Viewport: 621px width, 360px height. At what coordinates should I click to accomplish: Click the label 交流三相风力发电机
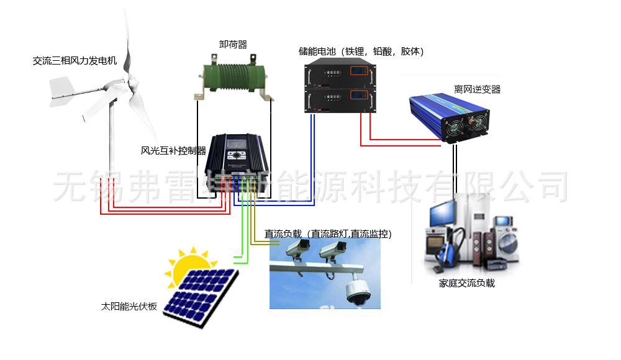pyautogui.click(x=75, y=61)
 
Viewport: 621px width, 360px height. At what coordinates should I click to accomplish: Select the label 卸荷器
pyautogui.click(x=233, y=45)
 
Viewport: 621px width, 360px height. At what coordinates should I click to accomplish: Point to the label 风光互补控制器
pyautogui.click(x=173, y=150)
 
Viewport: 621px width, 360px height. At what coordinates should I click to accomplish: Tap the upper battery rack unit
pyautogui.click(x=340, y=75)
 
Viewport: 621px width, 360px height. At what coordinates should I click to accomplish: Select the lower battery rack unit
pyautogui.click(x=340, y=100)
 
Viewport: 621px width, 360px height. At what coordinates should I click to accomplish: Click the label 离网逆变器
pyautogui.click(x=477, y=89)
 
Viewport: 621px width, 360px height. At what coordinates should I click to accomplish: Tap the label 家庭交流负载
pyautogui.click(x=467, y=284)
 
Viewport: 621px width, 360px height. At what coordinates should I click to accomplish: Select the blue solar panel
pyautogui.click(x=201, y=295)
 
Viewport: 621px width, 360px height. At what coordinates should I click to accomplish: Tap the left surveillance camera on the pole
pyautogui.click(x=297, y=250)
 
